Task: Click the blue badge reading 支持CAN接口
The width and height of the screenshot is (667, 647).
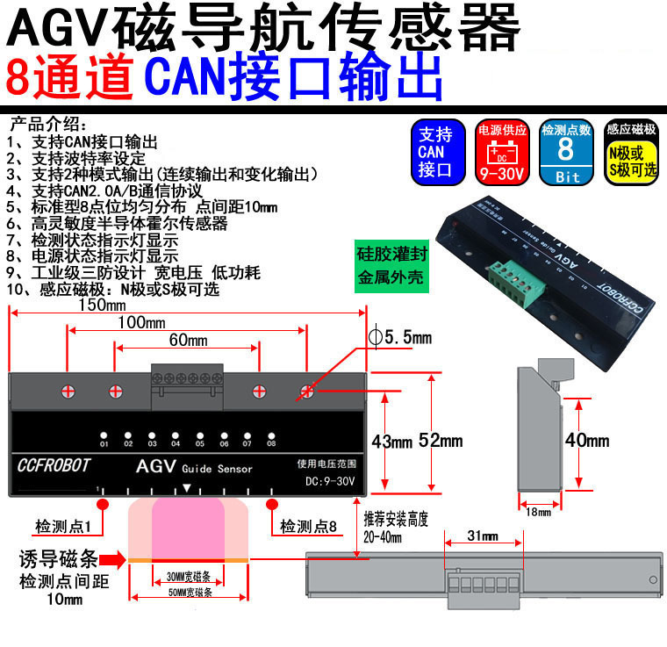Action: (x=435, y=151)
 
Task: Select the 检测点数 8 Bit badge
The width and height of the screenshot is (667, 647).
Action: (x=566, y=151)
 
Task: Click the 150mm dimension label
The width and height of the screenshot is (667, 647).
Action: (x=102, y=305)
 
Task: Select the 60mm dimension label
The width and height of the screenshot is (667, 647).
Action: (x=187, y=340)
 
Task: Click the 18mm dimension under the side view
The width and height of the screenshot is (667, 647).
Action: (x=536, y=512)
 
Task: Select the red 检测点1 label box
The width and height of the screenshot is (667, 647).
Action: (x=68, y=526)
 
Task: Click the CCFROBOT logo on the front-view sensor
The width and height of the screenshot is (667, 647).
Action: (x=54, y=466)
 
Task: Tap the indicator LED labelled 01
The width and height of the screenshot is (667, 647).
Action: (x=104, y=435)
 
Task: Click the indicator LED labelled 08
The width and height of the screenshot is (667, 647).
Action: (x=271, y=435)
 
